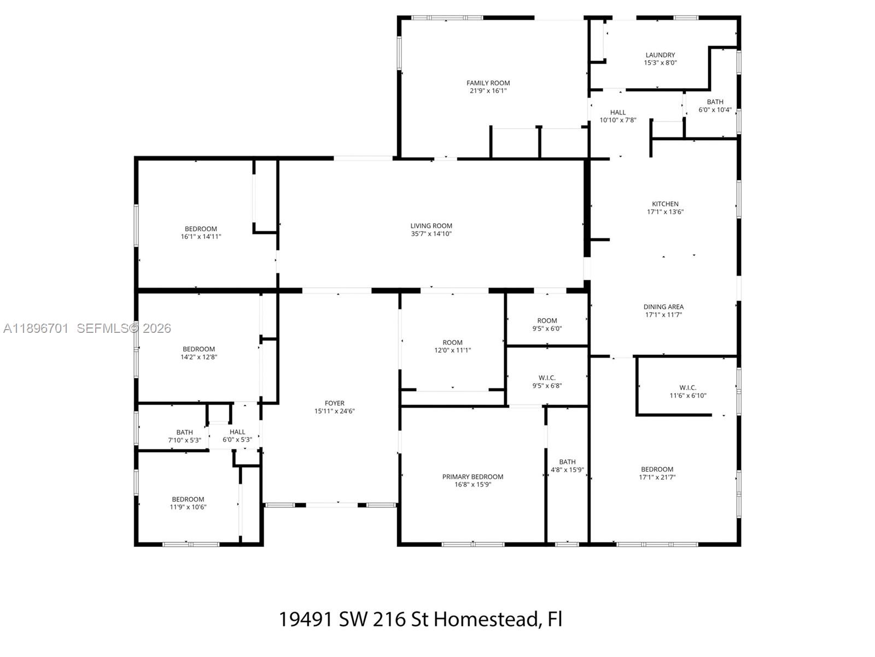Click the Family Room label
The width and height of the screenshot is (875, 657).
488,83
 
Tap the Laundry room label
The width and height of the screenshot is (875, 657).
660,55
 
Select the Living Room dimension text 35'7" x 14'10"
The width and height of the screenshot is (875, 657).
431,234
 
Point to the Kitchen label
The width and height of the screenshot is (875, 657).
665,204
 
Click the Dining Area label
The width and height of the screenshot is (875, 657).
663,307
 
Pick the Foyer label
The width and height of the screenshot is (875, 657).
334,404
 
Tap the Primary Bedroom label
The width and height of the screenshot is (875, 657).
472,477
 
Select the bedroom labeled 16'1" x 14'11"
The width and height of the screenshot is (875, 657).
201,233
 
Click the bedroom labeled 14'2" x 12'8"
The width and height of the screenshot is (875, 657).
199,353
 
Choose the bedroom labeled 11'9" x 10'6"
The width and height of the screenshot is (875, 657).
188,503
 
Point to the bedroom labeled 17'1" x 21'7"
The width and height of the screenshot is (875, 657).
657,472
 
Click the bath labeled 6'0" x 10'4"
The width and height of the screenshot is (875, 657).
715,105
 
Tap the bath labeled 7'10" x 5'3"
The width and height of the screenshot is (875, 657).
184,436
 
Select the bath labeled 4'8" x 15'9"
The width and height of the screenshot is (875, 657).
567,465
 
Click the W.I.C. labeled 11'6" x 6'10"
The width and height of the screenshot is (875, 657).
687,391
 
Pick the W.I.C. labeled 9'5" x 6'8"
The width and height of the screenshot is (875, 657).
547,381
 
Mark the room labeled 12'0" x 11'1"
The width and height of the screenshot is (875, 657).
452,346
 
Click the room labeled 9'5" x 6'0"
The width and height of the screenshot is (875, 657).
547,324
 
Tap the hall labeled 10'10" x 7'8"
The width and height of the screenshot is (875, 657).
617,116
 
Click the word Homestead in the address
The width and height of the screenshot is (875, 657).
488,619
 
